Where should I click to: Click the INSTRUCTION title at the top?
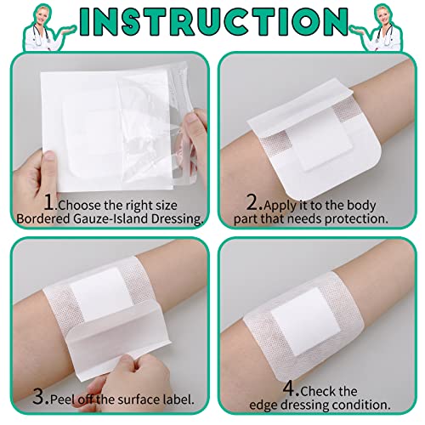(x=213, y=22)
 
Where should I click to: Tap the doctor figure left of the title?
(x=45, y=28)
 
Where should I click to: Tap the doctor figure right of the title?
(x=379, y=28)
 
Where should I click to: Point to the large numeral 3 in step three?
(x=40, y=396)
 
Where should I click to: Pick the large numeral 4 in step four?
(x=290, y=388)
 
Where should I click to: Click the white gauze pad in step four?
(x=306, y=322)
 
